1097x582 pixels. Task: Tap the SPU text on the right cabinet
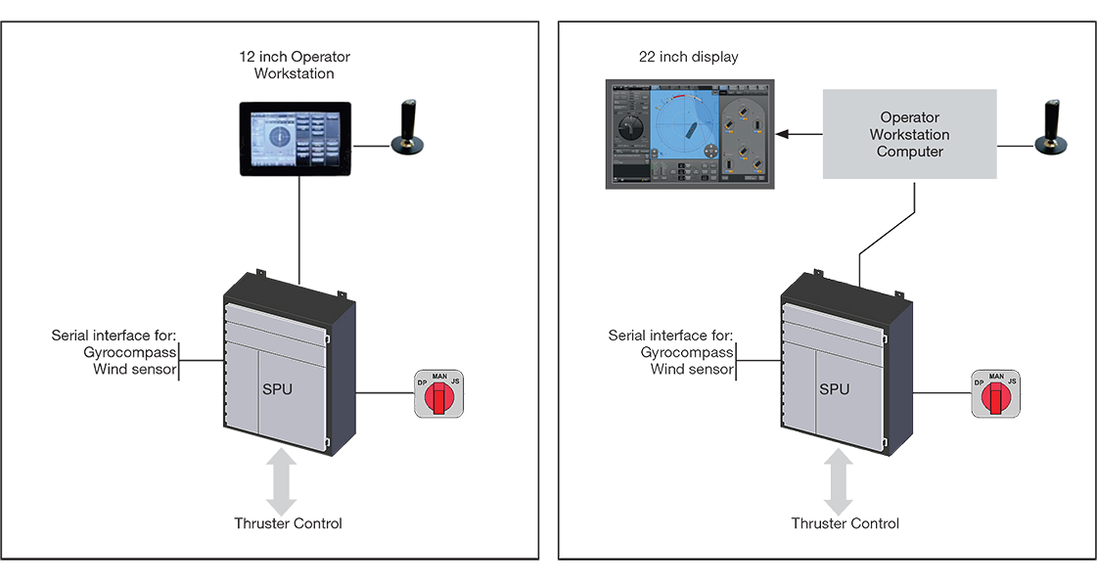coord(834,388)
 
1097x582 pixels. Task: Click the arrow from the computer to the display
coord(795,134)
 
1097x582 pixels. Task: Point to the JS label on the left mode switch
coord(454,381)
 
